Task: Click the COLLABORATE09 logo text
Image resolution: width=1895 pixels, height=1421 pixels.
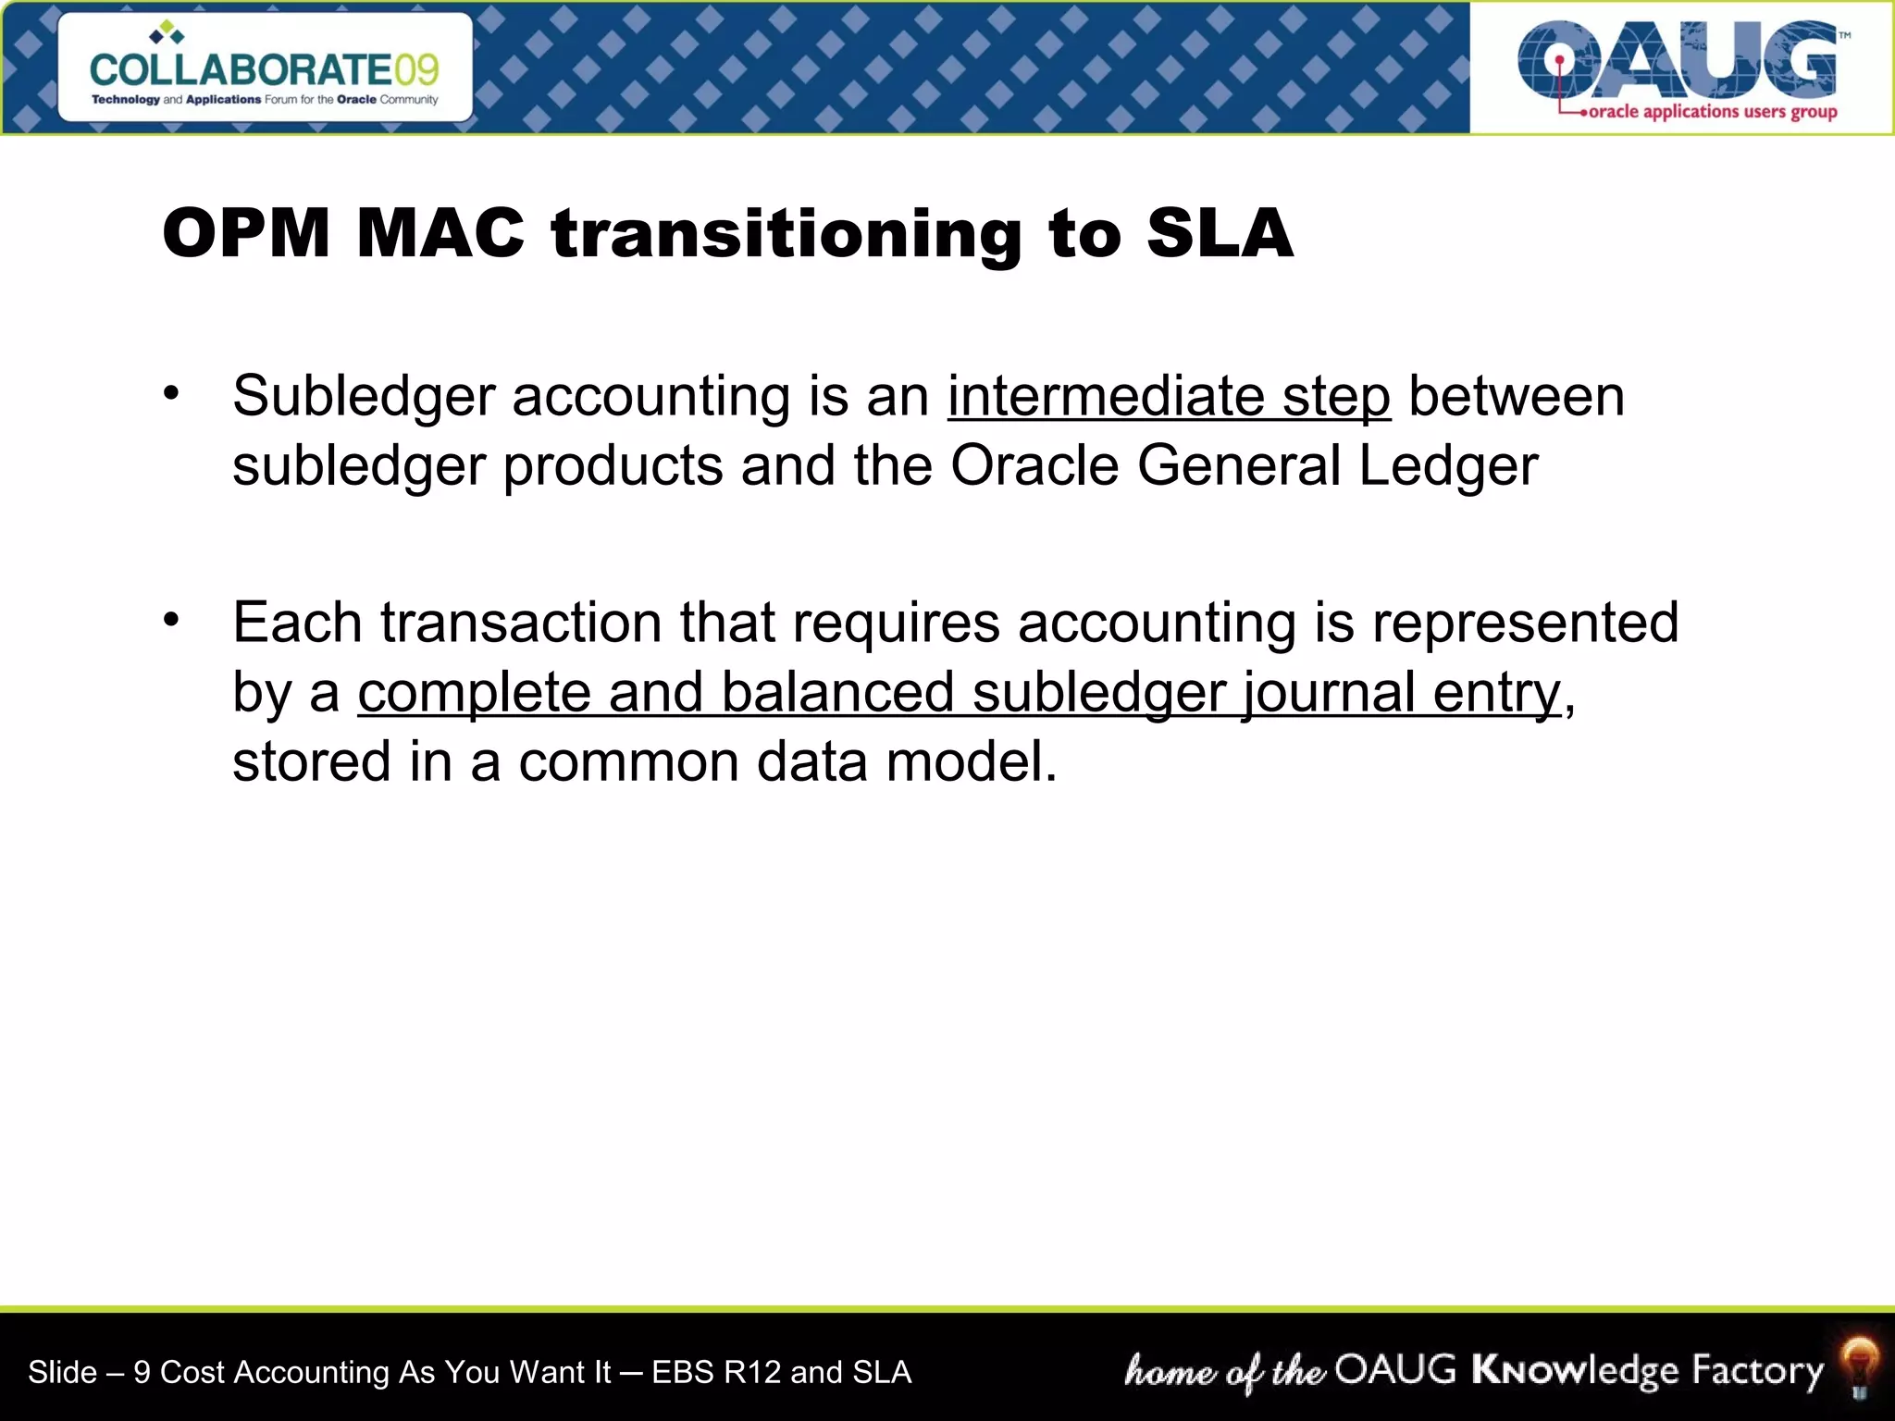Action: tap(265, 69)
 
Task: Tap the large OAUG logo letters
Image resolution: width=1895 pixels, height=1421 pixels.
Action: tap(1677, 60)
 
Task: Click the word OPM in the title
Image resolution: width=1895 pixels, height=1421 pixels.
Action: tap(246, 233)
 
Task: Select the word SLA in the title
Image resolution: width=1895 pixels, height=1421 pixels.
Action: tap(1219, 233)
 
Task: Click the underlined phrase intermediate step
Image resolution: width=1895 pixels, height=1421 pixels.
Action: tap(1169, 397)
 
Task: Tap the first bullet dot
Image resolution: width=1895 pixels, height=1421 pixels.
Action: tap(171, 394)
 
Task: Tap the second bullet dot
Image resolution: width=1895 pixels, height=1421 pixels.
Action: tap(171, 620)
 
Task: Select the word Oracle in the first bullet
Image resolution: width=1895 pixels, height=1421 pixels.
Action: tap(1034, 465)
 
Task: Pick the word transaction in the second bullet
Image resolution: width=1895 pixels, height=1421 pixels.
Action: tap(521, 623)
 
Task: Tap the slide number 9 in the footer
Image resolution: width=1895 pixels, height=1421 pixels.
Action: tap(142, 1373)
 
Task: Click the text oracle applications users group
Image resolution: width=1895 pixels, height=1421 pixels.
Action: tap(1712, 112)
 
